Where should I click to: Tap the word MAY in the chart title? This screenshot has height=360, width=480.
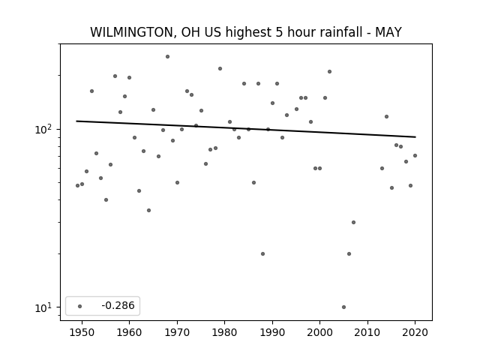(x=388, y=32)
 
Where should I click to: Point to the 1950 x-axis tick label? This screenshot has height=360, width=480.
(x=82, y=332)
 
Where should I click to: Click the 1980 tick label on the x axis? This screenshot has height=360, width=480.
(x=225, y=332)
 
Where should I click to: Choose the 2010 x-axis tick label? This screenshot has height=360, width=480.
(x=367, y=332)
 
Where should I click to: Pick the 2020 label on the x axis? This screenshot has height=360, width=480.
(x=415, y=332)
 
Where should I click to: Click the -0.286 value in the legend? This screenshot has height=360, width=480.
(x=118, y=305)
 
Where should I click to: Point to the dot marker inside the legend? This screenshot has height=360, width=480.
(x=80, y=306)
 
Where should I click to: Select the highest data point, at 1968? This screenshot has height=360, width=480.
(x=167, y=57)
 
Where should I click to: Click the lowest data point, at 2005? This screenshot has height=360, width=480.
(x=343, y=307)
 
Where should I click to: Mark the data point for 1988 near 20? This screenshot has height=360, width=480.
(x=262, y=253)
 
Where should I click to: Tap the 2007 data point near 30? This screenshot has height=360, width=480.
(x=353, y=222)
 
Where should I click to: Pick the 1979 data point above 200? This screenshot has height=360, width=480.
(x=220, y=68)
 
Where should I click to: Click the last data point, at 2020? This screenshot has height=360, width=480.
(x=415, y=155)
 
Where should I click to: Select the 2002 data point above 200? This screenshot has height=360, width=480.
(x=329, y=72)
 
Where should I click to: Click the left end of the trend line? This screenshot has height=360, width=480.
(x=76, y=121)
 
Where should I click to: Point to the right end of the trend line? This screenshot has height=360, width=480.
(x=415, y=136)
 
